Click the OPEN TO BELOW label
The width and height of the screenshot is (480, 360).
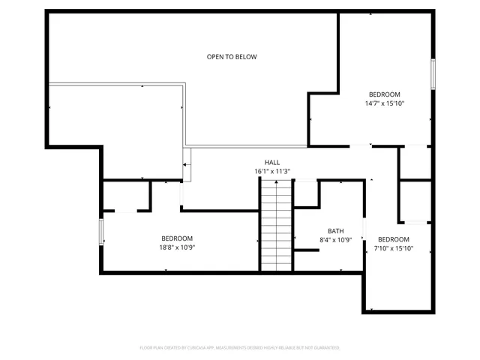[232, 57]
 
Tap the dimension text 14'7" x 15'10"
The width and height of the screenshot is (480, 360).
[385, 103]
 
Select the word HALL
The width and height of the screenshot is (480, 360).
[271, 162]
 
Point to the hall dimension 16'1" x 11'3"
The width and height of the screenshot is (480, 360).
[271, 171]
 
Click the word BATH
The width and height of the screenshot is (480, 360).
[335, 231]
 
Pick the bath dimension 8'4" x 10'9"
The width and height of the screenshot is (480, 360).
[335, 240]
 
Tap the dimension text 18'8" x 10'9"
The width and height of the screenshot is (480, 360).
[177, 247]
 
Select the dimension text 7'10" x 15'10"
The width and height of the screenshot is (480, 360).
[394, 248]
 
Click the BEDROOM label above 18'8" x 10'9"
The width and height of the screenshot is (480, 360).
[177, 238]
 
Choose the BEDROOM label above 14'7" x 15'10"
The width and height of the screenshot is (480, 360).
[385, 94]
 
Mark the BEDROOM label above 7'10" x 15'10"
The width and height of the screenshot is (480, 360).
[394, 239]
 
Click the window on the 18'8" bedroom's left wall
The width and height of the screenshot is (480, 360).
[101, 231]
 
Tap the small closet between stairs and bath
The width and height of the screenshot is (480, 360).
[305, 193]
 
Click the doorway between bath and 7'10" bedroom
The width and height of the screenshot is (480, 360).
[364, 229]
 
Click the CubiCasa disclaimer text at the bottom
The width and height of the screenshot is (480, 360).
[240, 347]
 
